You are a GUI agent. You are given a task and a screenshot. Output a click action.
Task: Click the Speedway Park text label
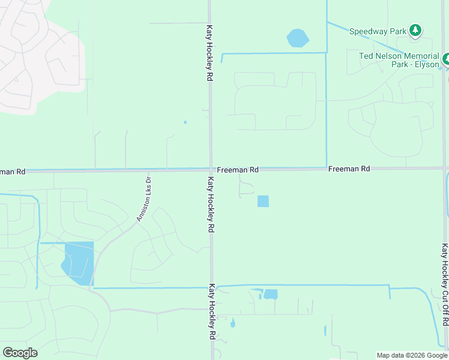(377, 31)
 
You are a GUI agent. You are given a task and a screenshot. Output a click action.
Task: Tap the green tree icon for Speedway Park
(415, 30)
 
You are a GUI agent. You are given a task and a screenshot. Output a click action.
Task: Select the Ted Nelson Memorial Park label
(399, 60)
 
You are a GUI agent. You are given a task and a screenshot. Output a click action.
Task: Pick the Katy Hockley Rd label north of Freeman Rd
(209, 53)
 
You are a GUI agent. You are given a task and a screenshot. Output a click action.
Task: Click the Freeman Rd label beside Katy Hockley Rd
(238, 170)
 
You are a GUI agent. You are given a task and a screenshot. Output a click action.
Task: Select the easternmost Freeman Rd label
(349, 169)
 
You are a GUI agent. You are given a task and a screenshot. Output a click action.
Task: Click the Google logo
(20, 353)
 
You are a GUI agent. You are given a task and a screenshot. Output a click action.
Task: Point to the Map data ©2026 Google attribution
(412, 355)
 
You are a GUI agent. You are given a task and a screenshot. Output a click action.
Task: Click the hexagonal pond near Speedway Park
(298, 38)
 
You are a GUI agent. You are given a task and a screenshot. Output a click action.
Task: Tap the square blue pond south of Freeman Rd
(263, 202)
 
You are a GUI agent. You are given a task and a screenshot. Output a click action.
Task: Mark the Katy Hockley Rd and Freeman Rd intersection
(210, 170)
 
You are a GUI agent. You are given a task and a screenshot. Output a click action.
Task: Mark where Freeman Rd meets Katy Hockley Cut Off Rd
(444, 168)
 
